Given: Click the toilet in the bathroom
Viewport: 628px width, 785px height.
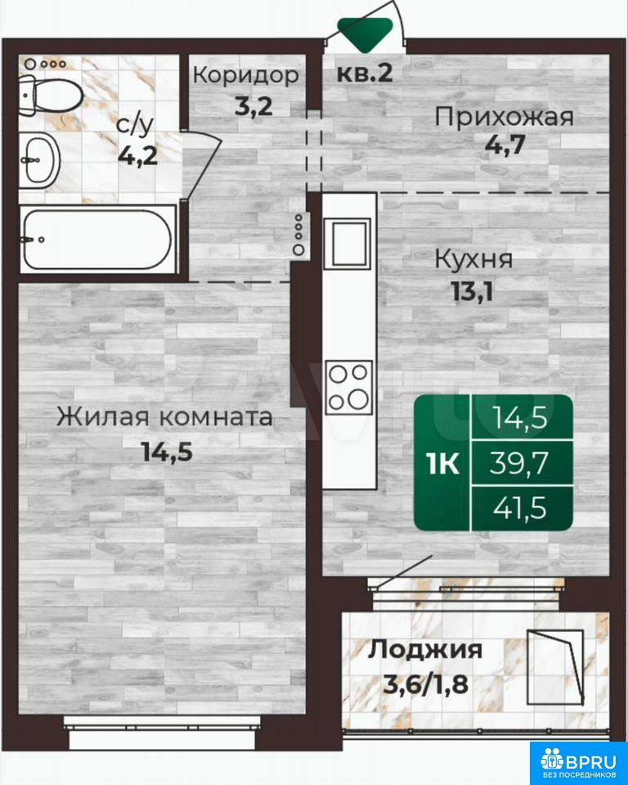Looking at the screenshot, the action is (50, 96).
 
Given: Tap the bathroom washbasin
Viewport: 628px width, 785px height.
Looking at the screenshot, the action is (40, 161).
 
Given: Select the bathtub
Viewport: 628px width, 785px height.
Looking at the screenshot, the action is (98, 240).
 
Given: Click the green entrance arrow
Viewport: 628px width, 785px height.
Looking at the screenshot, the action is (364, 34).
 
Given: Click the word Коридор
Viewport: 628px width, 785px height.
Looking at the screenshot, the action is (246, 75).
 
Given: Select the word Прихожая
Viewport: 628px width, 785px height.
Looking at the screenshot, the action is (504, 118).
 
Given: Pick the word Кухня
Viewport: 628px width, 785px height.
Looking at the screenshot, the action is (473, 260).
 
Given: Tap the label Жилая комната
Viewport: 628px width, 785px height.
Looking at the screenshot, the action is (164, 417).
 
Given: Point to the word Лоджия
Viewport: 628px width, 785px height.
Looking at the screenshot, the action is (425, 649).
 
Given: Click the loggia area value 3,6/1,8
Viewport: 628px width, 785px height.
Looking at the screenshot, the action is (426, 683).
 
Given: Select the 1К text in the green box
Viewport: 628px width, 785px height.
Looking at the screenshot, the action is (443, 464).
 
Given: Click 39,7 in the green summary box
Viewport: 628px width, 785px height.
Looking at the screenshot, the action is (519, 463).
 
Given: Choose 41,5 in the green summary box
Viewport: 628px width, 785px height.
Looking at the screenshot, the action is (519, 509).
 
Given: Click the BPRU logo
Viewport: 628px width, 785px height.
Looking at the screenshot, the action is (579, 762).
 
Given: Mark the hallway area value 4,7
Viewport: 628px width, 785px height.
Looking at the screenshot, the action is (505, 146).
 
